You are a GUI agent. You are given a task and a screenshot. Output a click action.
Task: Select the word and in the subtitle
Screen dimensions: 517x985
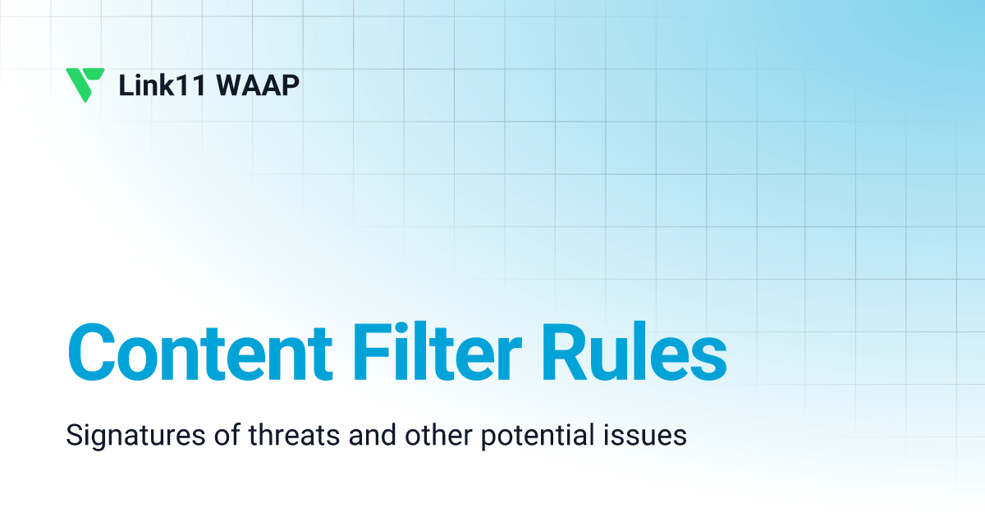tap(368, 436)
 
